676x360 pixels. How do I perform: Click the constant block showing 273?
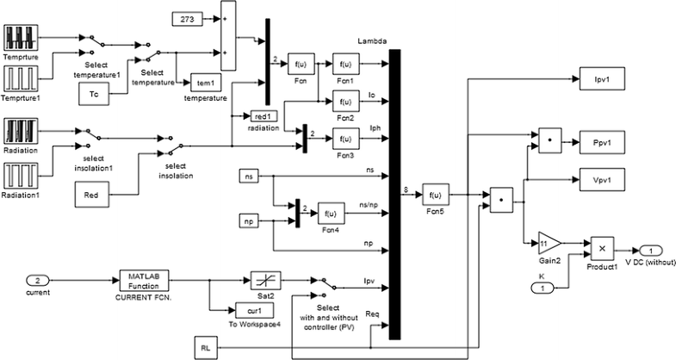[187, 17]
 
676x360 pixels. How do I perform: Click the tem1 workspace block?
[205, 83]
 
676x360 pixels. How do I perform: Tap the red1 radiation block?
[263, 116]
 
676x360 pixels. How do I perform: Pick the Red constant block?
[92, 196]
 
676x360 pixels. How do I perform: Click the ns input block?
[249, 177]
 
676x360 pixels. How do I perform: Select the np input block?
[249, 221]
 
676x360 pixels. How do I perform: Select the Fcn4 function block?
[331, 213]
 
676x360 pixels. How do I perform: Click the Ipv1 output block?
[599, 80]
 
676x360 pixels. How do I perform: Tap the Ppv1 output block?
[599, 139]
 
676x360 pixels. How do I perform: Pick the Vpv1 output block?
[599, 180]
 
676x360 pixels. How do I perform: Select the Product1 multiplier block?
[602, 247]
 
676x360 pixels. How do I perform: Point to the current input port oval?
[38, 280]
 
